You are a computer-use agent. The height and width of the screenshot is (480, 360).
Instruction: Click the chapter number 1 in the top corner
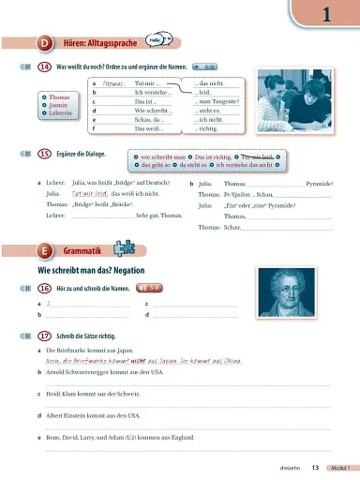coord(327,13)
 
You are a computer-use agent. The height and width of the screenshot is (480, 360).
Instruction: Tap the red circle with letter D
coord(45,42)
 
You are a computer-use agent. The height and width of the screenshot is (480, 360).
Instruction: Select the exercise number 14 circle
coord(44,67)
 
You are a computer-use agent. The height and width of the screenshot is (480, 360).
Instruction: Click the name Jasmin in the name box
coord(60,106)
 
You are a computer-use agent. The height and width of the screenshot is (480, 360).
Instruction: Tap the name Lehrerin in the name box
coord(62,114)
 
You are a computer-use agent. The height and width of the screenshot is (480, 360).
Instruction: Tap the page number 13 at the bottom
coord(316,468)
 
